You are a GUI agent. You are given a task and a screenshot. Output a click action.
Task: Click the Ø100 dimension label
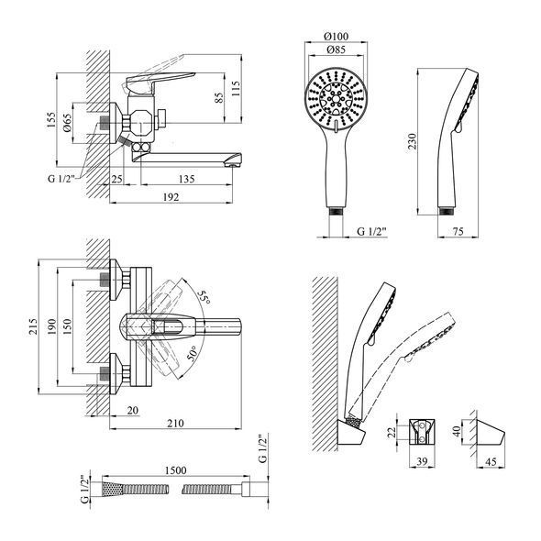(337, 36)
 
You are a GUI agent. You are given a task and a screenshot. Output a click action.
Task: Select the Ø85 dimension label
(336, 50)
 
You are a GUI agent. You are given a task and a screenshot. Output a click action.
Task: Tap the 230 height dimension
(413, 141)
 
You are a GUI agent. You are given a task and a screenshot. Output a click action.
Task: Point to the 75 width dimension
(458, 231)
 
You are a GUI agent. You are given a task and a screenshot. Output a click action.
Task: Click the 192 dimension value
(171, 197)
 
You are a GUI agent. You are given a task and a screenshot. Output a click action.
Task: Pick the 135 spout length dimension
(186, 179)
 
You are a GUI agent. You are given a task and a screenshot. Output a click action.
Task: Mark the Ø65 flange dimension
(67, 123)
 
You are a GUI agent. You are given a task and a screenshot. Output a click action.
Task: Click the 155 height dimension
(51, 120)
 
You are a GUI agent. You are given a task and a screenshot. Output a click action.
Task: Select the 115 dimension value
(236, 89)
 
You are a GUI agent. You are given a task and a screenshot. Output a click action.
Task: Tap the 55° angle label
(204, 297)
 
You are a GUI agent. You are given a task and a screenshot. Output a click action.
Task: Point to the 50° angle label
(193, 353)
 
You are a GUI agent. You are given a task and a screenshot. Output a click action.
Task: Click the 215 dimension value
(33, 326)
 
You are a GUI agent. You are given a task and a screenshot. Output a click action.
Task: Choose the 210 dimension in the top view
(176, 424)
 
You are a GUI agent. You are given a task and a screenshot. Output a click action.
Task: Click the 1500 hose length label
(176, 470)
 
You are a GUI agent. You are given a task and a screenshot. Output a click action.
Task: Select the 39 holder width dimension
(422, 461)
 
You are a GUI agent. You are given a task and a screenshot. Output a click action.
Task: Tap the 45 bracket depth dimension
(491, 461)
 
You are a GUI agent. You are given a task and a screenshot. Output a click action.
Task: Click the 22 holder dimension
(392, 432)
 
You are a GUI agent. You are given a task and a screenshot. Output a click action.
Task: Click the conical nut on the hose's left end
(113, 489)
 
